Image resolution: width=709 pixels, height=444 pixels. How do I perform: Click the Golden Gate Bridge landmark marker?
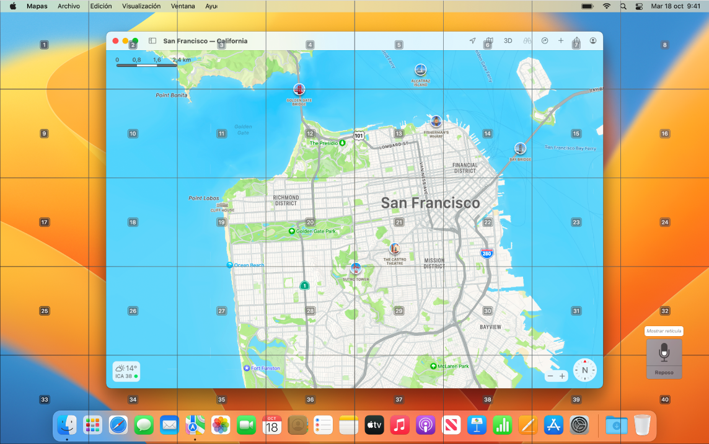click(299, 89)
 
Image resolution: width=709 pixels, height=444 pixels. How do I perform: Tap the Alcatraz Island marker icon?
click(420, 69)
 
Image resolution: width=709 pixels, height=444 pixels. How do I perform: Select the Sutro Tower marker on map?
click(355, 269)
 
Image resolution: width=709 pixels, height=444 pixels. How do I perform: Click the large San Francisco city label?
click(430, 203)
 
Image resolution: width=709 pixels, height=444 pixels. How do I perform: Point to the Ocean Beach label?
click(249, 265)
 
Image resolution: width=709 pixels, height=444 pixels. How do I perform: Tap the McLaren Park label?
click(452, 366)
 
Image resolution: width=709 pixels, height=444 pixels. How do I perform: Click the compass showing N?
click(584, 370)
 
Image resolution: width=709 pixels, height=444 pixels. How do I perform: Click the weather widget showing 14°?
click(126, 371)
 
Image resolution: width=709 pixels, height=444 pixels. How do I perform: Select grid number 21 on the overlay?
click(399, 222)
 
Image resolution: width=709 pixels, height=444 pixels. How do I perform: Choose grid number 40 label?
click(664, 399)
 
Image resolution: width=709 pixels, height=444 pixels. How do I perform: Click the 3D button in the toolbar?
click(508, 41)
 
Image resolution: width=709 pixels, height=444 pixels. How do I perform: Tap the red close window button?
click(115, 41)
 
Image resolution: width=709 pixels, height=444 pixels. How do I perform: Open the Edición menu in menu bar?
click(101, 6)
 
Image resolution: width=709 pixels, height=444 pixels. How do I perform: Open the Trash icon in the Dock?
click(642, 425)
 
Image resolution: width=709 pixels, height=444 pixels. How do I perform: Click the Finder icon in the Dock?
click(67, 425)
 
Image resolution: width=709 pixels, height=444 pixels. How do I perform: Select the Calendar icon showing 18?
click(272, 425)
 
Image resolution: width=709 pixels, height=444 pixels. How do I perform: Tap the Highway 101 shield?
click(359, 135)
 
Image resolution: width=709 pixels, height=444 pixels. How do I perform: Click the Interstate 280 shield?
click(487, 253)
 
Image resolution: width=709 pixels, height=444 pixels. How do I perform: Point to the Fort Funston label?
click(265, 368)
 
